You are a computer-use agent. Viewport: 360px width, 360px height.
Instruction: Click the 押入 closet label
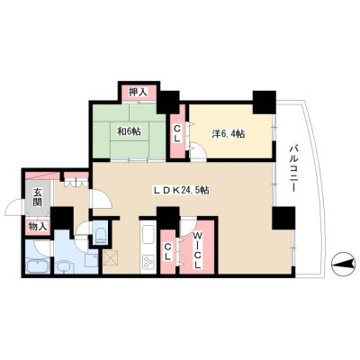click(138, 92)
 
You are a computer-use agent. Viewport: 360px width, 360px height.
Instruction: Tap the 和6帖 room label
click(129, 131)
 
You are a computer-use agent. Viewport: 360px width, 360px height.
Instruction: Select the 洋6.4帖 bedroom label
click(229, 134)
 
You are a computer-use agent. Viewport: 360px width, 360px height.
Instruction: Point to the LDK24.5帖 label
click(182, 190)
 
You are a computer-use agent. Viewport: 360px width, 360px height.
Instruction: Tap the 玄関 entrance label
click(37, 197)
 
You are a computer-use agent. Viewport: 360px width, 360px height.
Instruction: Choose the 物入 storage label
click(38, 227)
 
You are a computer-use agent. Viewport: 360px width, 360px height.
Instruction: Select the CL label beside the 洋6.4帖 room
click(177, 133)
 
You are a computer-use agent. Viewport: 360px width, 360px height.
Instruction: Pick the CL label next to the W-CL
click(167, 251)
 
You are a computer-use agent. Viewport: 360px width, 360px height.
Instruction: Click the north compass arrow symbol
click(343, 265)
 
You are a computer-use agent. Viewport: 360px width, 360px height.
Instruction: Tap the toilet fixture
click(100, 236)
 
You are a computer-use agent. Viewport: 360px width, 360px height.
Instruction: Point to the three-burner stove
click(148, 262)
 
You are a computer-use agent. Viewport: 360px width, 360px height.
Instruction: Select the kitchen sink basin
click(148, 234)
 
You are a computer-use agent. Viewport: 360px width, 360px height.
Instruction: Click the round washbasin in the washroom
click(64, 266)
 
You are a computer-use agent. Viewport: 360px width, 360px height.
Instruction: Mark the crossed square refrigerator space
click(111, 258)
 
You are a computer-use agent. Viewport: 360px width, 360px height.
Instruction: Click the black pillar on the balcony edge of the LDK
click(283, 218)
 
